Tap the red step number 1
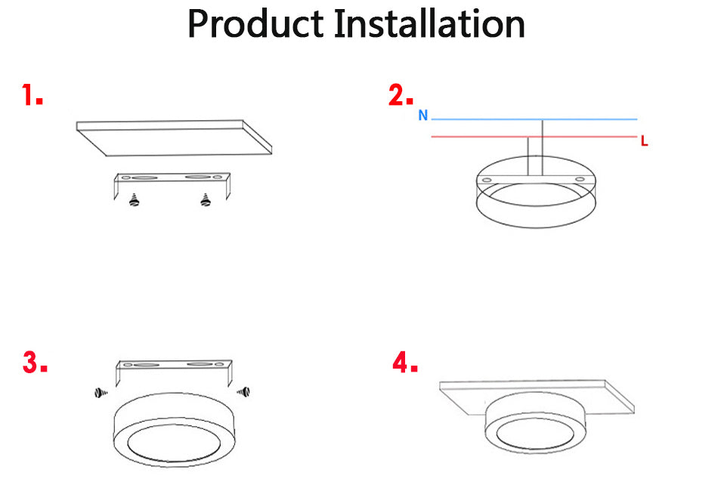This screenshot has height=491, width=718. [31, 96]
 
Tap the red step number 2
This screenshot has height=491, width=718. [401, 96]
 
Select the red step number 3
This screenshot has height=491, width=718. [34, 363]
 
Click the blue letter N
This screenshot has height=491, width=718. [423, 116]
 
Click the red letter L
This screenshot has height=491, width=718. [644, 141]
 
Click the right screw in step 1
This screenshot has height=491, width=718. [204, 200]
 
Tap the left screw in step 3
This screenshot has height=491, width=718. [101, 392]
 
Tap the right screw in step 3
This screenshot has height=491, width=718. [243, 391]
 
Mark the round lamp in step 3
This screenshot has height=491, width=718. [174, 431]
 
